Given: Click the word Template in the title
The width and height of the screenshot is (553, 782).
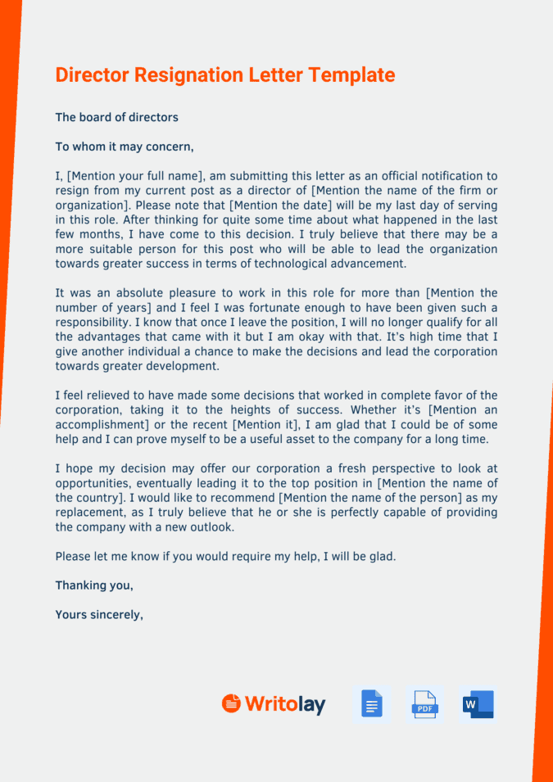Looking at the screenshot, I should coord(351,75).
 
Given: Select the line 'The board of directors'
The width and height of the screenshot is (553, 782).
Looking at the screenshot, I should coord(116,117).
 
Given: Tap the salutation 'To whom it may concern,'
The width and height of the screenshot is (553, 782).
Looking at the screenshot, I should coord(125,147).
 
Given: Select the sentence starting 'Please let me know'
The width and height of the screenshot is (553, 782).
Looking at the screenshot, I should coord(225,556).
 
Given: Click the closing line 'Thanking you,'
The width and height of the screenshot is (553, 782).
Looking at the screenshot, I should coord(94,585).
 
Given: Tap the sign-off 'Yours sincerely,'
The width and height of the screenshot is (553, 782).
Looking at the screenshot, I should coord(99,614).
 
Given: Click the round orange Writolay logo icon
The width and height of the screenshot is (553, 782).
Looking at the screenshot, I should coord(232,703).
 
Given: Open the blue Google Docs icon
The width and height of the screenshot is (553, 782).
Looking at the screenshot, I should coord(372,703).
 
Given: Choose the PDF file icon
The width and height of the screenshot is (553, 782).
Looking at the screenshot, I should coord(424,703).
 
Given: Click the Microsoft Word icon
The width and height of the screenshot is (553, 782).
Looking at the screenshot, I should coord(478,703).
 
